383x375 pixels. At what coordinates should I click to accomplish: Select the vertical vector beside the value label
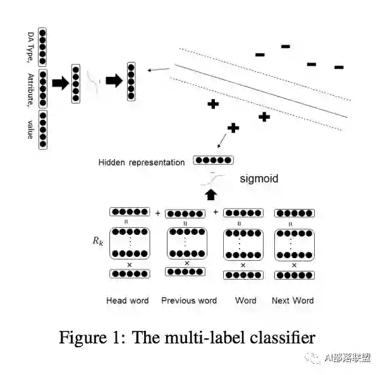tap(42, 130)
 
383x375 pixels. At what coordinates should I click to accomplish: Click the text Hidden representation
tap(142, 162)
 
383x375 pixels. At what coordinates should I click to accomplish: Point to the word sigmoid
tap(258, 179)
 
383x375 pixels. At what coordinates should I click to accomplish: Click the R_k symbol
tap(95, 241)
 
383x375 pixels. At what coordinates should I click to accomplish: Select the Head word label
tap(128, 300)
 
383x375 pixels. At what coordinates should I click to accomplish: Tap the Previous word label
tap(189, 300)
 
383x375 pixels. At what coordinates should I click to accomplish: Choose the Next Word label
tap(293, 300)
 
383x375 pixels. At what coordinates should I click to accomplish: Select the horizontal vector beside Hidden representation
tap(213, 160)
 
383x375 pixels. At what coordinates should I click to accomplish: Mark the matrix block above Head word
tap(130, 242)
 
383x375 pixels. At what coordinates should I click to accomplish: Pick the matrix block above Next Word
tap(295, 242)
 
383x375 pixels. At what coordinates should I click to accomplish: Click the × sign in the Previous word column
tap(186, 263)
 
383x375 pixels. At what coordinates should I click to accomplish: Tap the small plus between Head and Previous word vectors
tap(157, 213)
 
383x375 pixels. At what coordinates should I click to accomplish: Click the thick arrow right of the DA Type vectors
tap(60, 83)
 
